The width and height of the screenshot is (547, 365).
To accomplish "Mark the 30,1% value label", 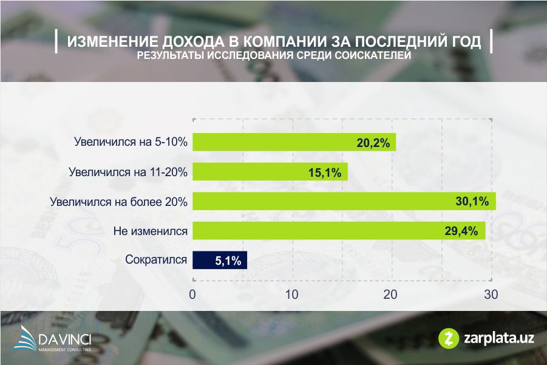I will (x=472, y=202).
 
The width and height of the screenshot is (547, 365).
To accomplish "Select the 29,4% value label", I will (x=462, y=231).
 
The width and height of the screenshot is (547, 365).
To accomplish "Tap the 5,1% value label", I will (x=228, y=261).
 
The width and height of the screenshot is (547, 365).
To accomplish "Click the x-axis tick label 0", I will (x=192, y=295).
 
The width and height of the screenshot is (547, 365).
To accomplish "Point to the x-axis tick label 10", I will (x=291, y=295).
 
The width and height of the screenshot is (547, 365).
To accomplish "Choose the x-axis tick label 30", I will (x=491, y=295).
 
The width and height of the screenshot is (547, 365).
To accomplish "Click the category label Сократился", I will (x=155, y=261).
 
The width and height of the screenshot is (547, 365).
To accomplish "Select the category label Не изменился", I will (x=151, y=231).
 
